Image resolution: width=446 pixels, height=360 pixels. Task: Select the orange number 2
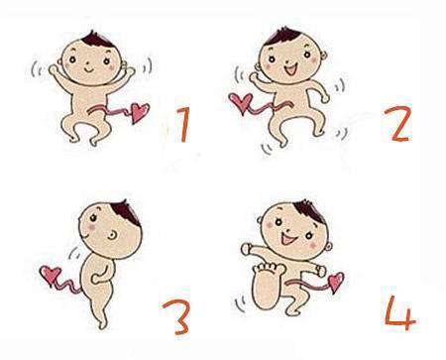pos(398,124)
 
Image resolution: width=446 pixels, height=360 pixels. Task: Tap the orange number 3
pos(176,317)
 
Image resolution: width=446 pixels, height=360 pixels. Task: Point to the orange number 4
pos(399,313)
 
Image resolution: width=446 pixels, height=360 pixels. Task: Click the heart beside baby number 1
pos(140,113)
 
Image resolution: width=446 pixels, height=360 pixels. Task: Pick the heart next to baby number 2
pos(241,103)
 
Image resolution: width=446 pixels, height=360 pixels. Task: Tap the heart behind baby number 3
pos(51,276)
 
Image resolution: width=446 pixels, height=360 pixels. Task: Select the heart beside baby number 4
pos(336,282)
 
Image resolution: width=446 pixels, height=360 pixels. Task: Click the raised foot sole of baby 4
pos(267,287)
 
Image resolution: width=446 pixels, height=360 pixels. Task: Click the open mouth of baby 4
pos(287,238)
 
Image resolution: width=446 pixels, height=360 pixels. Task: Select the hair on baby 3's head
pos(127,212)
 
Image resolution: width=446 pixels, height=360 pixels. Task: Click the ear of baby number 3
pos(112,235)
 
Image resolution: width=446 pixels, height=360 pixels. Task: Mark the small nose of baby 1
pos(87,62)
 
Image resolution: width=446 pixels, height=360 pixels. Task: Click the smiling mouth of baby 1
pos(89,70)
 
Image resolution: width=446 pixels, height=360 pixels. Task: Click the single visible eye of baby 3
pos(93,218)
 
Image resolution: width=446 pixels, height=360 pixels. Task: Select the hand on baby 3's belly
pos(96,280)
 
